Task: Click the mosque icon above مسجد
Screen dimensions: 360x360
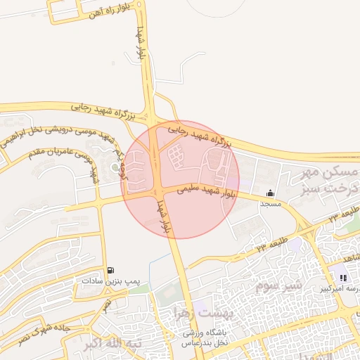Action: [x=271, y=193]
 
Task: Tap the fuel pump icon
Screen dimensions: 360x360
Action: [x=110, y=270]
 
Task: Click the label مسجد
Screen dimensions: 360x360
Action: [x=271, y=204]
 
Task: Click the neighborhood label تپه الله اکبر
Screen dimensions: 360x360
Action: [x=112, y=345]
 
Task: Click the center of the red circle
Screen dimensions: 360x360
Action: [x=181, y=180]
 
